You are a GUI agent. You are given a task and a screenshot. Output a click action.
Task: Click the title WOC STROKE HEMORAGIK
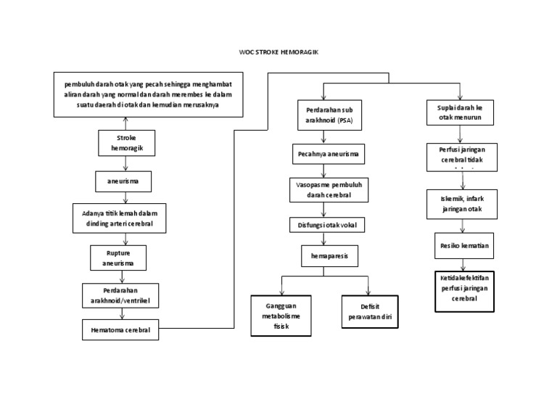pos(278,53)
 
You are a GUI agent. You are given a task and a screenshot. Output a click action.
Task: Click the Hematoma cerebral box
pos(120,331)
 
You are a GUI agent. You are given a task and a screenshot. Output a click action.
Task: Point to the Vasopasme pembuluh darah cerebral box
pos(330,189)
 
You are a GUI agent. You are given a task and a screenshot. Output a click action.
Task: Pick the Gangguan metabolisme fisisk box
pos(279,316)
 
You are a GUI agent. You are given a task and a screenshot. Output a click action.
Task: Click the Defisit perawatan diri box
pos(371,312)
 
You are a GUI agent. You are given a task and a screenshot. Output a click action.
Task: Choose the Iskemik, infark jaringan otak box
pos(462,204)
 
